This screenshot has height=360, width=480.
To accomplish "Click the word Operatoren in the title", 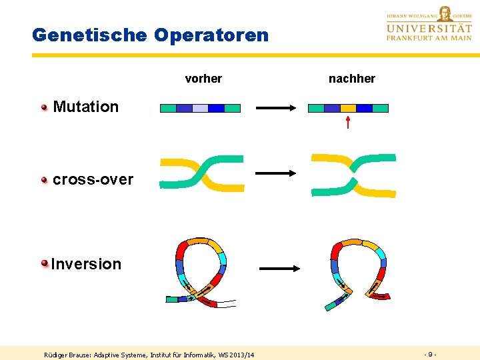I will pos(211,35).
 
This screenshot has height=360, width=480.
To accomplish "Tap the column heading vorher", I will pos(203,79).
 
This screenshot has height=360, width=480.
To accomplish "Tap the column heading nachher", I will pos(352,79).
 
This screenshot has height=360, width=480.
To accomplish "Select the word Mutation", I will pos(85,107).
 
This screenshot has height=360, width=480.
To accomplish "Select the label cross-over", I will pos(93,179).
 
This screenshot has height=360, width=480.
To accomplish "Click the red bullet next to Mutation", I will pos(45,107).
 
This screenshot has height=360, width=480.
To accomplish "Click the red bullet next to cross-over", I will pos(45,179).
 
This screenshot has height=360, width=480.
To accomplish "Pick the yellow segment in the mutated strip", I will pos(348,108).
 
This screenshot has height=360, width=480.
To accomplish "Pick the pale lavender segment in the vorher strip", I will pos(200,108).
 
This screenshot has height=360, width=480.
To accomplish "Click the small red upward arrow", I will pos(348,122).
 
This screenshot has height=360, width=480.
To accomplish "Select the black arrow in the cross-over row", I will pos(275,173).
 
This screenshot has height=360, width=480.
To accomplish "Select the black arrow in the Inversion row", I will pos(281,269).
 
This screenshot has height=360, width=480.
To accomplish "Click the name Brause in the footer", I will pos(79,355).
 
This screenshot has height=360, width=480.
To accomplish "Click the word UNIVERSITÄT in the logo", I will pos(429,28).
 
